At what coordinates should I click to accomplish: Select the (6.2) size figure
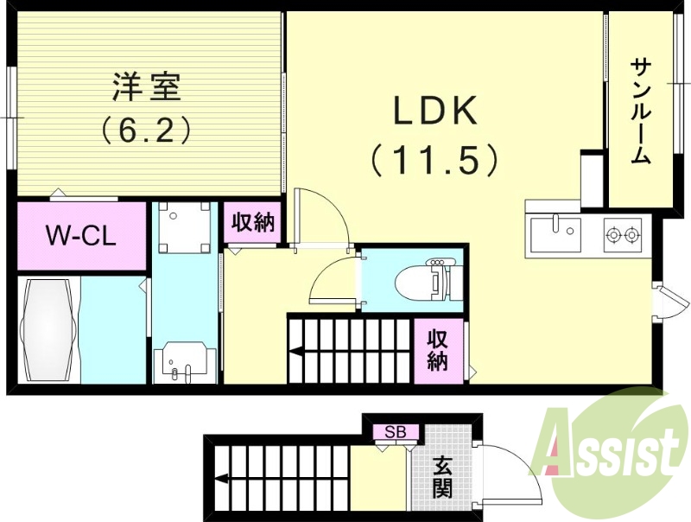pyautogui.click(x=146, y=131)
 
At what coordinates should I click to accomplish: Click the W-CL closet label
pyautogui.click(x=81, y=234)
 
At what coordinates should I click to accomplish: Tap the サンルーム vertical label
pyautogui.click(x=640, y=111)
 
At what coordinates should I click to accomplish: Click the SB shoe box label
pyautogui.click(x=396, y=431)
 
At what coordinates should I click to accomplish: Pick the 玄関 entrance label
pyautogui.click(x=442, y=477)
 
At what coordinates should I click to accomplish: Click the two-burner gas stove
pyautogui.click(x=622, y=233)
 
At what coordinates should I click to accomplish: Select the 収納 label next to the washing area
pyautogui.click(x=251, y=222)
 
